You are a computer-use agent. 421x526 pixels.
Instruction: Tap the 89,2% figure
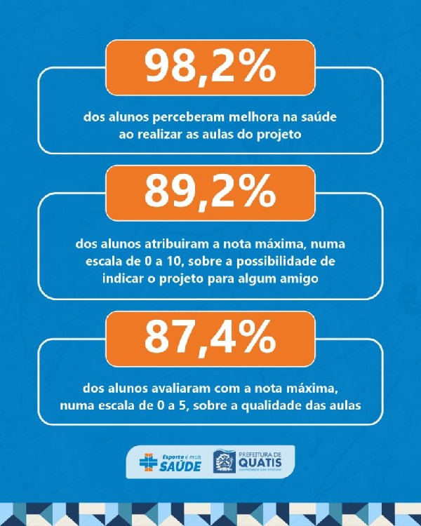[x=210, y=191]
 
